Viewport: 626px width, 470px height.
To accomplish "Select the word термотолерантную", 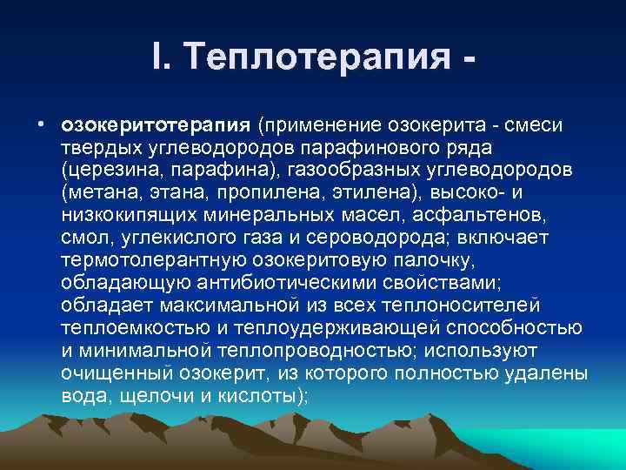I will point(156,259).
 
